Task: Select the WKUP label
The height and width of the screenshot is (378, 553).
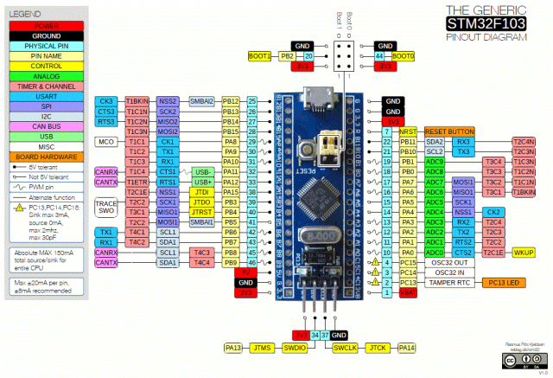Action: click(524, 252)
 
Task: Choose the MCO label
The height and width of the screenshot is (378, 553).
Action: click(106, 141)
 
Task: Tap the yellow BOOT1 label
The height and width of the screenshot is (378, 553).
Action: click(260, 55)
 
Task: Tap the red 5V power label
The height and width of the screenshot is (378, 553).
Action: click(246, 272)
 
